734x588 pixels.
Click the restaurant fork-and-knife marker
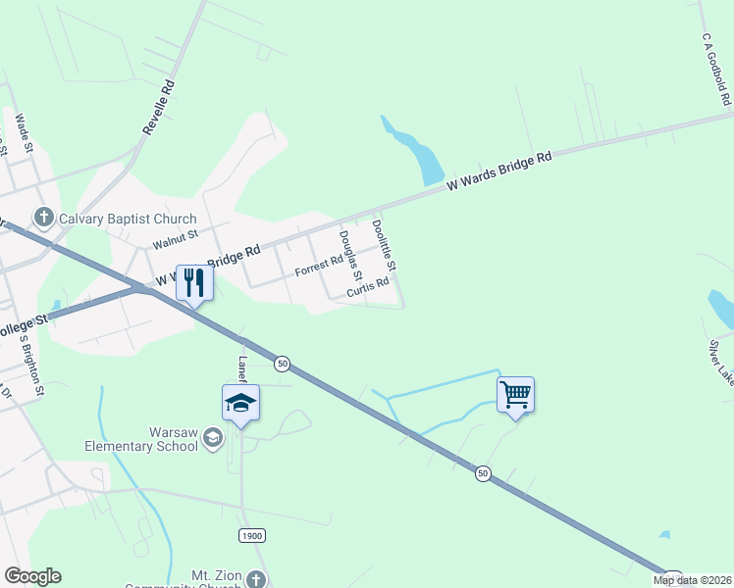[x=193, y=283]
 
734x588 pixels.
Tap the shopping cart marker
[x=515, y=395]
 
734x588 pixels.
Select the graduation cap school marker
[x=240, y=403]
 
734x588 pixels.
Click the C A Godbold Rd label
[x=717, y=68]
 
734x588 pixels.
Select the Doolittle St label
[x=384, y=245]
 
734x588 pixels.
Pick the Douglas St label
[x=350, y=255]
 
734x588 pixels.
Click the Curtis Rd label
[x=368, y=287]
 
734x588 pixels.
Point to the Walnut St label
[x=176, y=239]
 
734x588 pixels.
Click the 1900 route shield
[x=251, y=535]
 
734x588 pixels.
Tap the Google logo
[x=32, y=576]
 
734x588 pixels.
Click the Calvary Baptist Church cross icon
[x=43, y=218]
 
